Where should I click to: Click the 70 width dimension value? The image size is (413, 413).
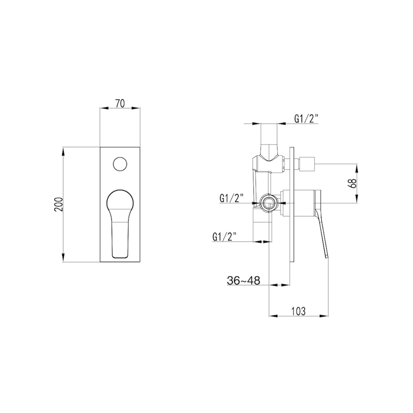point(119,103)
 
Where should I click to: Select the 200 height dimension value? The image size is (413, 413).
point(59,205)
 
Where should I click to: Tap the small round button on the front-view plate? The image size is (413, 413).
point(119,164)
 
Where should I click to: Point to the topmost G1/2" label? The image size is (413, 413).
point(306,118)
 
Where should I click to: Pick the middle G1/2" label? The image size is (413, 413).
point(232,198)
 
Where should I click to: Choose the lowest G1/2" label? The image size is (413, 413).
point(224,236)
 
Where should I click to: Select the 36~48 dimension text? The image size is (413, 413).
point(243,280)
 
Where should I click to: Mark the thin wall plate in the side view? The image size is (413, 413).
point(292,206)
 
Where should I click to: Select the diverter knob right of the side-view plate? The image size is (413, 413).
point(309,164)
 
